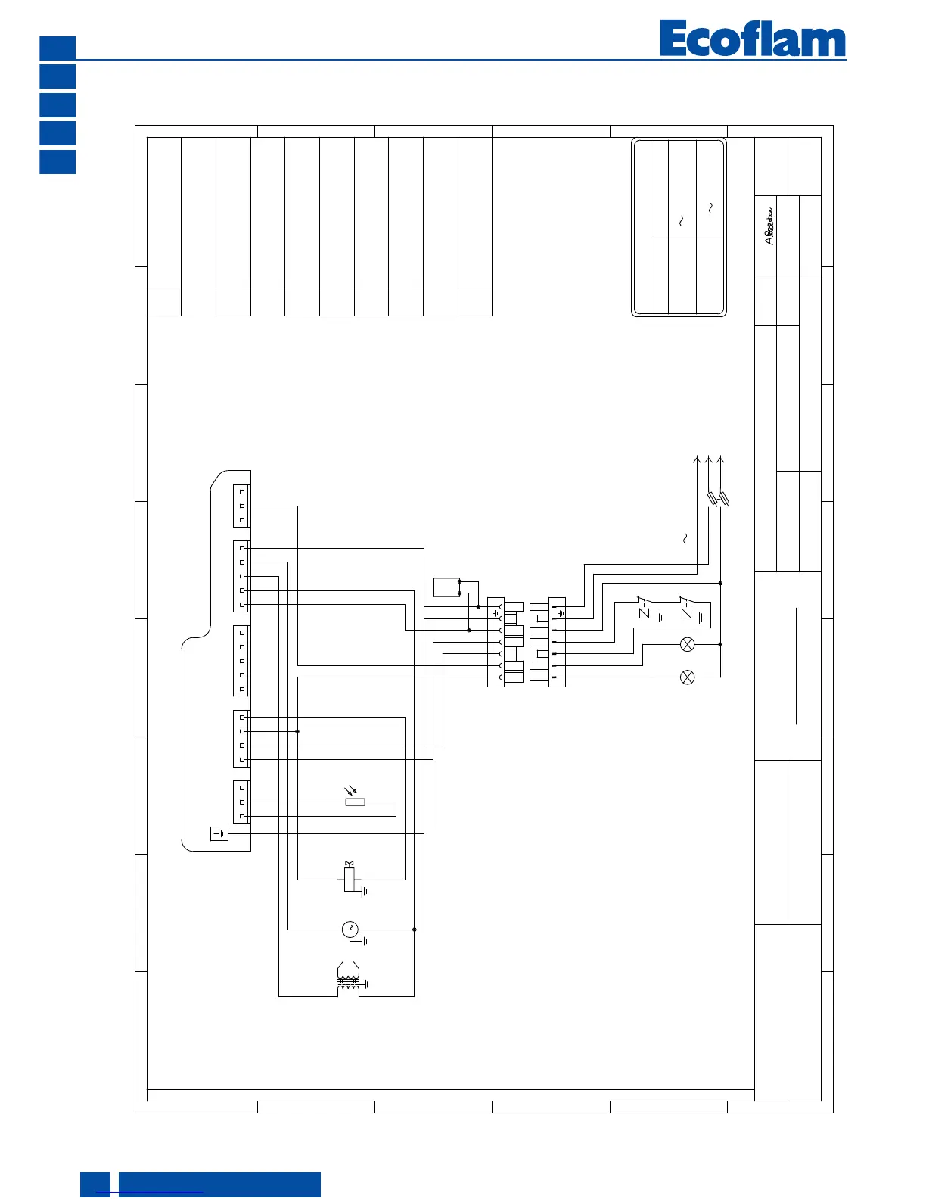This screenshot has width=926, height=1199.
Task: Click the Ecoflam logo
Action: pyautogui.click(x=752, y=39)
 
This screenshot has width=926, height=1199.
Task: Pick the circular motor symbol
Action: pyautogui.click(x=350, y=930)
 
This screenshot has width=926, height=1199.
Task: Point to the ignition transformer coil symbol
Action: pyautogui.click(x=348, y=981)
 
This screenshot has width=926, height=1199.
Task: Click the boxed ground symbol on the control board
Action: pyautogui.click(x=219, y=833)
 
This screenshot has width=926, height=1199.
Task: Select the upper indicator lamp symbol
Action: pyautogui.click(x=688, y=644)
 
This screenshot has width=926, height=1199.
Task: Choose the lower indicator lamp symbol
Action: pyautogui.click(x=688, y=677)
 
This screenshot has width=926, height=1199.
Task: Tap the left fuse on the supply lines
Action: pyautogui.click(x=712, y=499)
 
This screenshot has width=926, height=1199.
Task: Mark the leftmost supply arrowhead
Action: pyautogui.click(x=697, y=459)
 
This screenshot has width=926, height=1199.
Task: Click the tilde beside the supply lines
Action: pyautogui.click(x=685, y=538)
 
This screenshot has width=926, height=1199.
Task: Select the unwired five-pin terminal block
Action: pyautogui.click(x=241, y=661)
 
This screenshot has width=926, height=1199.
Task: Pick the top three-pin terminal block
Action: pyautogui.click(x=241, y=506)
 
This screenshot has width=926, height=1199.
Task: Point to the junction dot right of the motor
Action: pyautogui.click(x=415, y=930)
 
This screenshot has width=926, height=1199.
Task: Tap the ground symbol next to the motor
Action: pyautogui.click(x=365, y=942)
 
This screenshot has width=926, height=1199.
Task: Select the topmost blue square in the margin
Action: pyautogui.click(x=57, y=48)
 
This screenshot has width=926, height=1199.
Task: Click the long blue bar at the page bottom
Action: pyautogui.click(x=219, y=1184)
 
